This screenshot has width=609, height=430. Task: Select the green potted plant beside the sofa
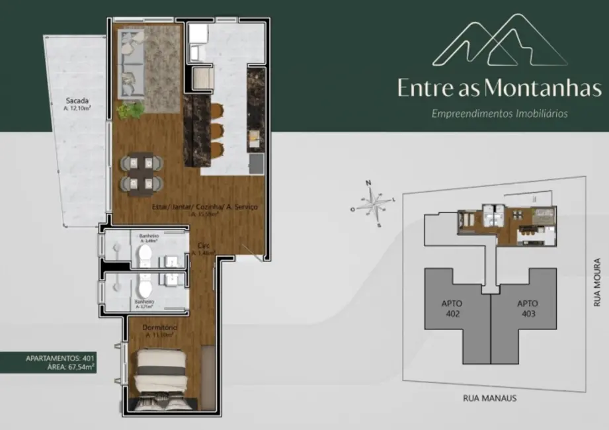[x=130, y=110]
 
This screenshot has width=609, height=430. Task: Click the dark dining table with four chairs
[x=141, y=172]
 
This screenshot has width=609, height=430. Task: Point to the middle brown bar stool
[x=218, y=128]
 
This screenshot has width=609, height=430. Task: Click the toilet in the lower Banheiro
[x=145, y=289]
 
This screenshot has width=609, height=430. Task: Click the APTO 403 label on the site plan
[x=527, y=308]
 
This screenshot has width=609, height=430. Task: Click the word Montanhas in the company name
[x=543, y=89]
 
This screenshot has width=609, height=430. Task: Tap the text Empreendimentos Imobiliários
[x=499, y=113]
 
